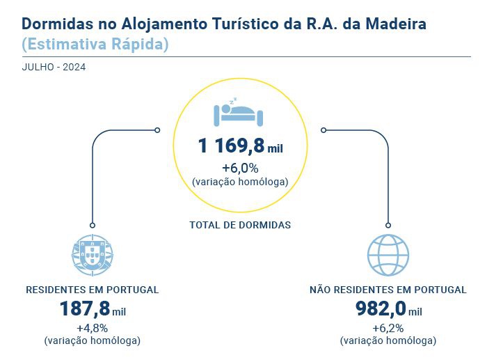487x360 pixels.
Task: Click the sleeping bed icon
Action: coord(239,112)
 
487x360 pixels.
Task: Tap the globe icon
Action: coord(388,256)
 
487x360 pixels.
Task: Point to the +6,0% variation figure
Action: coord(240,168)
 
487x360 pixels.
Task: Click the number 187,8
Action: coord(85,309)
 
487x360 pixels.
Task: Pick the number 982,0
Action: coord(380,309)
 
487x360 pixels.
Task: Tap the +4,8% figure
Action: coord(92,328)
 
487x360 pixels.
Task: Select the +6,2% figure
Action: coord(388,328)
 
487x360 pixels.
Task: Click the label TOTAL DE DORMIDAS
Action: coord(240,225)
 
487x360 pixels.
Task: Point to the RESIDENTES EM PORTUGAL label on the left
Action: coord(92,290)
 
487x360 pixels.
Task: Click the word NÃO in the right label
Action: coord(321,290)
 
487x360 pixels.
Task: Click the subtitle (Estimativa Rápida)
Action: coord(95,45)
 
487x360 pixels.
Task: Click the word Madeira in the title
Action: coord(392,24)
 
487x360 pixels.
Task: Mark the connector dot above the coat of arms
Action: coord(92,225)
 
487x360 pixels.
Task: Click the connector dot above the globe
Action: coord(388,225)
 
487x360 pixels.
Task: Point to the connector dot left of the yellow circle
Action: coord(157,130)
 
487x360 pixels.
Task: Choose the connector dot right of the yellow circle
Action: coord(324,130)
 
